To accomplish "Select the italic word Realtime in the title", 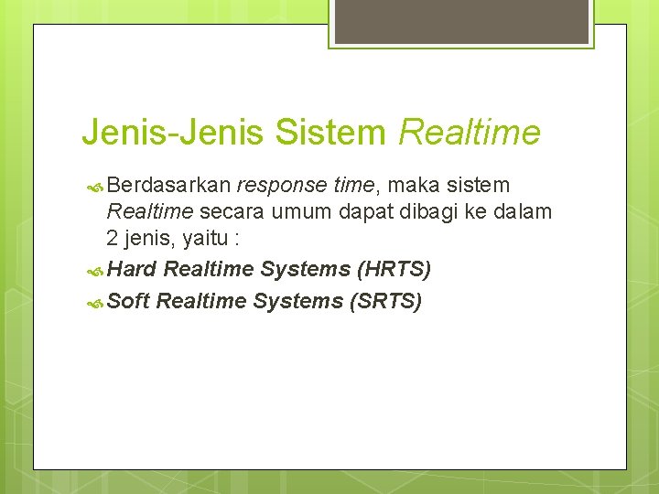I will (470, 133).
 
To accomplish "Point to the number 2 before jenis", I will (113, 240).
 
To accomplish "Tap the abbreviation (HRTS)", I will (394, 269).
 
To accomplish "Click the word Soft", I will (129, 300).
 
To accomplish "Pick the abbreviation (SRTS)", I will (386, 300).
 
